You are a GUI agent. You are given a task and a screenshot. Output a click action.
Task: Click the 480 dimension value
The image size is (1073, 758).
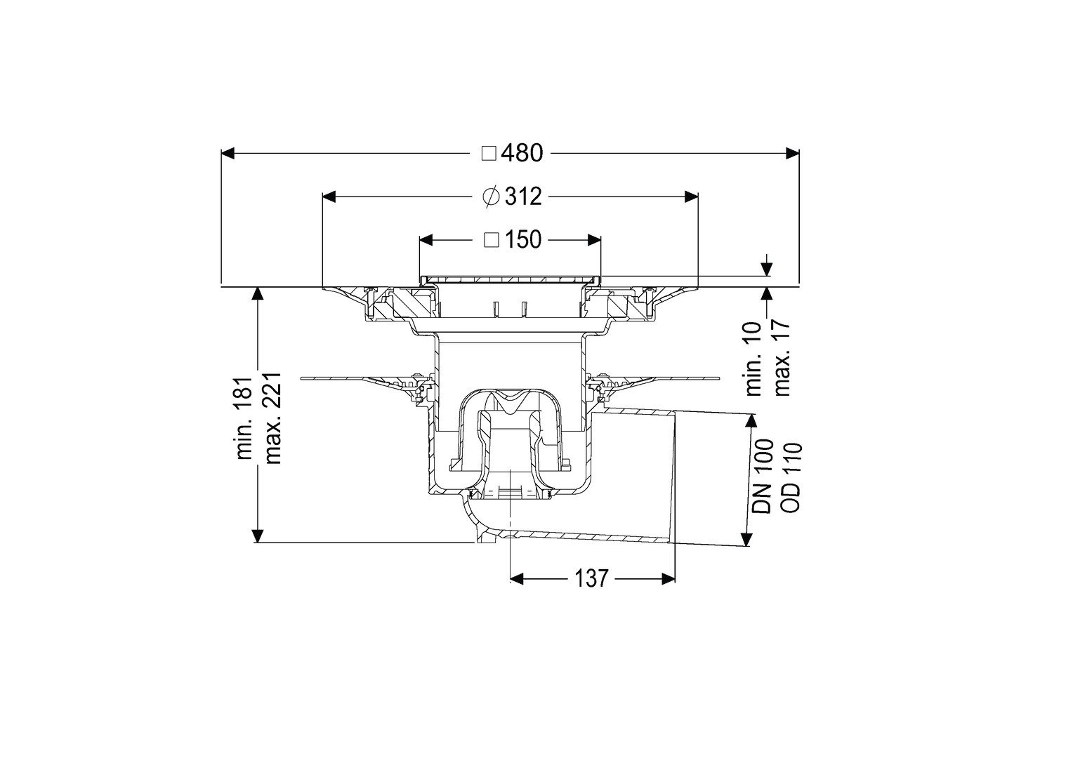click(x=522, y=153)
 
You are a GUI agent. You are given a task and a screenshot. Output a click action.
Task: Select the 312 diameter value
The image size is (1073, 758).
click(x=523, y=197)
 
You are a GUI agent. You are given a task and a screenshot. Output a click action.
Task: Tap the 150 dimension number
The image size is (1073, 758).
click(x=522, y=239)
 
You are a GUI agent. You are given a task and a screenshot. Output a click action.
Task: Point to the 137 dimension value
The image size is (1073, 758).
click(x=591, y=578)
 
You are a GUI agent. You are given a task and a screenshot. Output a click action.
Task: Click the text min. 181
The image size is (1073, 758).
click(x=245, y=418)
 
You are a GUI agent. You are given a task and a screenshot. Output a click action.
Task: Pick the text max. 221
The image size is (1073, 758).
click(x=273, y=418)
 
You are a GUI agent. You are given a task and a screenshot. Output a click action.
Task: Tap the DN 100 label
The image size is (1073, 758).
click(x=762, y=477)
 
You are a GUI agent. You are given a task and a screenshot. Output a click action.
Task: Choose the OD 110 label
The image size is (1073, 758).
click(x=791, y=477)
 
